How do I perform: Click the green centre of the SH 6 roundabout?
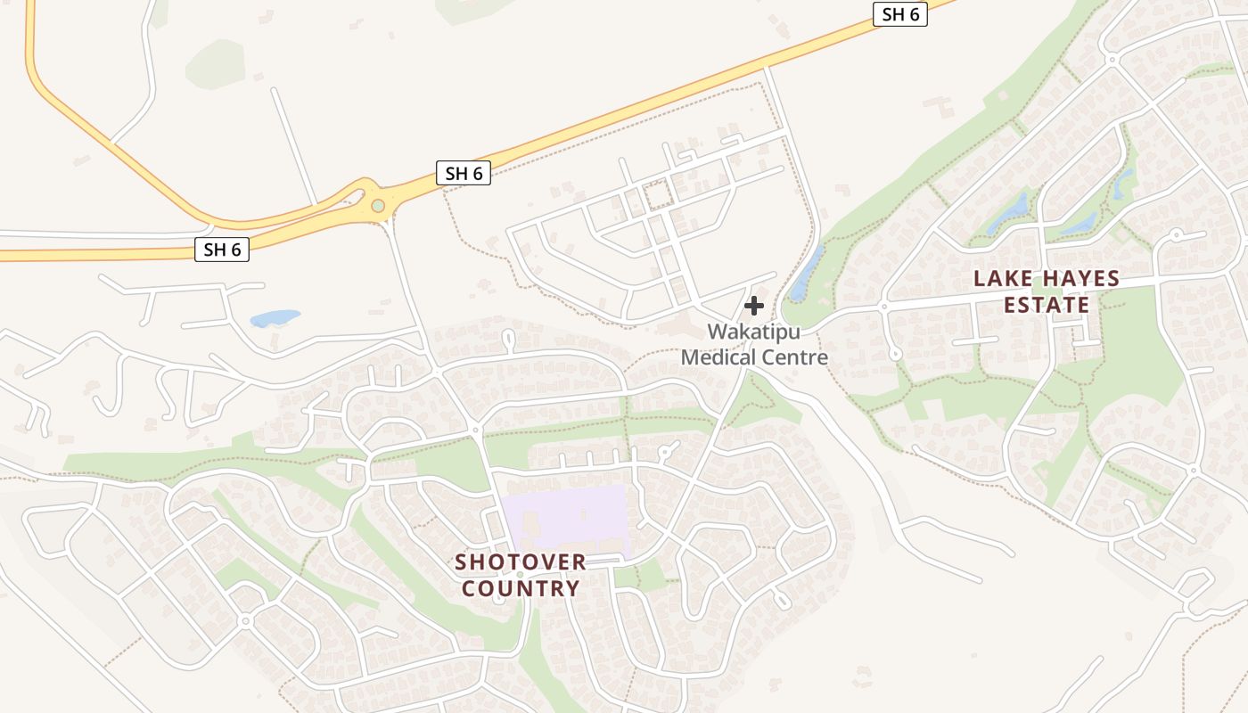(x=379, y=206)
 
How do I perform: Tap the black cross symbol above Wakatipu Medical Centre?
(x=754, y=306)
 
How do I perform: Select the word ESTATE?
(x=1047, y=305)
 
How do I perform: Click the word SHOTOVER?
(x=521, y=562)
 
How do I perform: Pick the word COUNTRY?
(x=521, y=588)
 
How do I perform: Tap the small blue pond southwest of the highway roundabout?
(x=275, y=317)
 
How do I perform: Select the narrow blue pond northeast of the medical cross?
(x=807, y=273)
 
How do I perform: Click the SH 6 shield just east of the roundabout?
(x=464, y=173)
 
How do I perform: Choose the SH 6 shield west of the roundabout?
(x=222, y=250)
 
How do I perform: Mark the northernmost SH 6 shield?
(x=899, y=14)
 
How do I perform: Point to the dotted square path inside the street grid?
(x=659, y=194)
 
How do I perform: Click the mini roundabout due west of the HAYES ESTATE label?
(x=884, y=307)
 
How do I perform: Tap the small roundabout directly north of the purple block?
(x=476, y=430)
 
